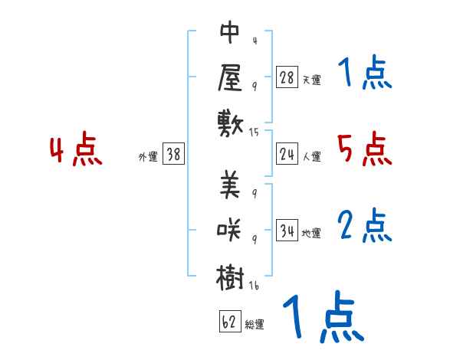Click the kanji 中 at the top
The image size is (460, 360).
click(231, 33)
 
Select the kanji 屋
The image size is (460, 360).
click(231, 77)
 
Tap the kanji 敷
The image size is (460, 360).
click(231, 122)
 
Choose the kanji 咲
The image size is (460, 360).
click(231, 231)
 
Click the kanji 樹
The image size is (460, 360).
click(231, 276)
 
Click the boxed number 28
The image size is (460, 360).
click(287, 77)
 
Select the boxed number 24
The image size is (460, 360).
click(287, 154)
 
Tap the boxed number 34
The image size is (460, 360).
click(287, 231)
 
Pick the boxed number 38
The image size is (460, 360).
click(173, 154)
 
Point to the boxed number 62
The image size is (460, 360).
click(229, 322)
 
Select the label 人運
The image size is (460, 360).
click(311, 156)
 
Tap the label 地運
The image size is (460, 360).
click(311, 233)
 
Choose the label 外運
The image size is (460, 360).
click(148, 156)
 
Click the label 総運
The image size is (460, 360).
click(255, 324)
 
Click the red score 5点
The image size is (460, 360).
click(364, 149)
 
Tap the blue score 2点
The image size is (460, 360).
click(364, 226)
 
